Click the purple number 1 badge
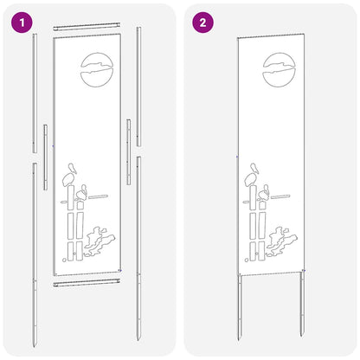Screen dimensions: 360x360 pyautogui.click(x=22, y=22)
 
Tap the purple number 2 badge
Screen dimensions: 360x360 pyautogui.click(x=202, y=22)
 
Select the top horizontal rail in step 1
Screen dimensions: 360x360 pyautogui.click(x=87, y=26)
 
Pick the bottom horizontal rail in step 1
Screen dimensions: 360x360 pyautogui.click(x=87, y=283)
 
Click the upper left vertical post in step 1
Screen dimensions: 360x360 pyautogui.click(x=35, y=93)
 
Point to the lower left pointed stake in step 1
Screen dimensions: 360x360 pyautogui.click(x=35, y=254)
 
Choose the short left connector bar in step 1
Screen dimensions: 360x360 pyautogui.click(x=46, y=157)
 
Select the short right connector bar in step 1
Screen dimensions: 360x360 pyautogui.click(x=129, y=152)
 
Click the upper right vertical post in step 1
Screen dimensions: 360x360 pyautogui.click(x=138, y=87)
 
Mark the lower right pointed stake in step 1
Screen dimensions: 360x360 pyautogui.click(x=138, y=248)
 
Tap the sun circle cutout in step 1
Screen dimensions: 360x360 pyautogui.click(x=97, y=69)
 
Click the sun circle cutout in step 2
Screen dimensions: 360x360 pyautogui.click(x=279, y=69)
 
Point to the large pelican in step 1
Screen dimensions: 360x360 pyautogui.click(x=70, y=175)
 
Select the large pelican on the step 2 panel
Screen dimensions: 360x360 pyautogui.click(x=252, y=175)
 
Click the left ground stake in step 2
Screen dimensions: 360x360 pyautogui.click(x=240, y=308)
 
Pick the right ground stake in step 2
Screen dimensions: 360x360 pyautogui.click(x=302, y=303)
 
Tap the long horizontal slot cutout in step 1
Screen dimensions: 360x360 pyautogui.click(x=98, y=196)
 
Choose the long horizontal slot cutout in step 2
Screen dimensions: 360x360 pyautogui.click(x=280, y=196)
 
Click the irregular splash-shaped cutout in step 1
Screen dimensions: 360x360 pyautogui.click(x=100, y=241)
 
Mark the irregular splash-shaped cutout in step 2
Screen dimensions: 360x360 pyautogui.click(x=281, y=241)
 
